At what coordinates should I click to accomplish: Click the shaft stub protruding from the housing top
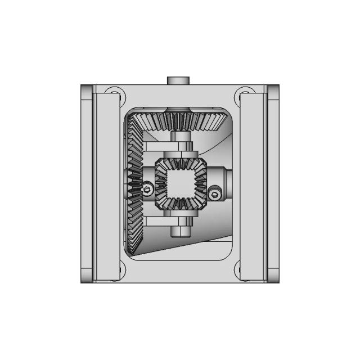pos(180,80)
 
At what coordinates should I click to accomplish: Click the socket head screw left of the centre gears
pos(147,190)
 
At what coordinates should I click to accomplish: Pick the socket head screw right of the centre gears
pos(214,194)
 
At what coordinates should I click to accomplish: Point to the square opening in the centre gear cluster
pos(180,184)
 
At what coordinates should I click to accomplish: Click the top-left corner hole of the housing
pos(114,92)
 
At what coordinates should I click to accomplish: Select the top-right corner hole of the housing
pos(246,92)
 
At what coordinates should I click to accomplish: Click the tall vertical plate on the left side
pos(106,183)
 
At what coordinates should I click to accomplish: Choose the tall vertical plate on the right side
pos(254,183)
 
